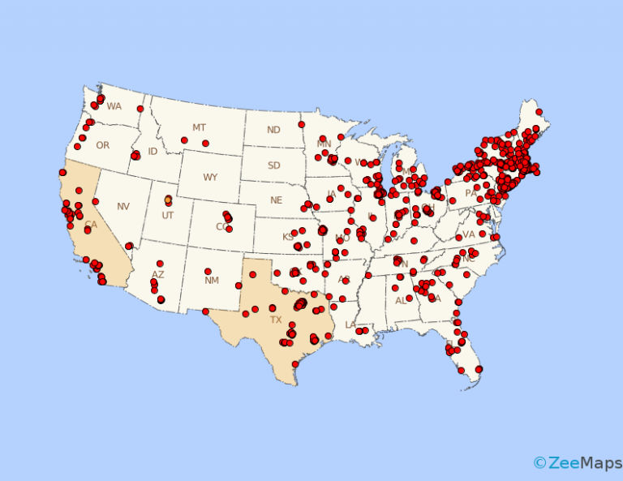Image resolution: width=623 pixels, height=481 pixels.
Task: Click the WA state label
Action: (114, 106)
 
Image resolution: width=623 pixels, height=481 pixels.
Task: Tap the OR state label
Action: (102, 146)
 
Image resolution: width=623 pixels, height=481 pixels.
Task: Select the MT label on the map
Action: (199, 127)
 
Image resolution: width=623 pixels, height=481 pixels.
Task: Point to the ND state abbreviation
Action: (273, 130)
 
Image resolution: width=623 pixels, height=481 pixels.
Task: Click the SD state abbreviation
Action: (275, 165)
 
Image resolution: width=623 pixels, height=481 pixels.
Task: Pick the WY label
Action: (210, 178)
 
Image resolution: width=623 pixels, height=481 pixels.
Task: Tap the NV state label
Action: (123, 207)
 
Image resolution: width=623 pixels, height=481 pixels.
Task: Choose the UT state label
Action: (168, 215)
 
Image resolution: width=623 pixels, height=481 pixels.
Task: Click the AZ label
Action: (158, 275)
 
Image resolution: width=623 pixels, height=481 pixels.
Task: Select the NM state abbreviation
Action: (212, 281)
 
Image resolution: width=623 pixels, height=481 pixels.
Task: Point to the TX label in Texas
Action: (275, 320)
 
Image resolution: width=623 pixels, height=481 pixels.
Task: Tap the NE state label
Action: (276, 200)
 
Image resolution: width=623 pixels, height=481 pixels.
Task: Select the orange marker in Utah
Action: (168, 200)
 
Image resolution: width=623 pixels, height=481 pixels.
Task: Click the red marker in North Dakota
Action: (301, 125)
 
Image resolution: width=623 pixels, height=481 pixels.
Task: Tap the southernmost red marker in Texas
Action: (295, 364)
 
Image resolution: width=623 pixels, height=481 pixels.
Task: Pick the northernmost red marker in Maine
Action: (539, 112)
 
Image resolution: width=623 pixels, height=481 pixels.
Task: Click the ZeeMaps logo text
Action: (578, 463)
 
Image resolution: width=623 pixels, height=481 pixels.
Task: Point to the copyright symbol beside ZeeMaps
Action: (539, 463)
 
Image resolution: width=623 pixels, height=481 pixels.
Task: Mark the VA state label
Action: (468, 234)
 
